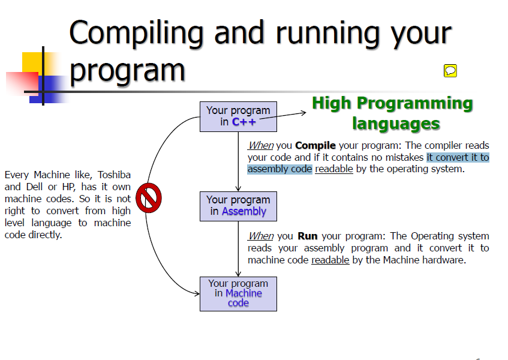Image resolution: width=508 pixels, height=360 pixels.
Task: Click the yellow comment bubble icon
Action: pyautogui.click(x=450, y=71)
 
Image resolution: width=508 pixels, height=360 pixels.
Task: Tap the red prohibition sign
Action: pyautogui.click(x=148, y=198)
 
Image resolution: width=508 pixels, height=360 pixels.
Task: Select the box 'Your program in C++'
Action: pyautogui.click(x=238, y=116)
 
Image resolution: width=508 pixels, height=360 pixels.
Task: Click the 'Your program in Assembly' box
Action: pyautogui.click(x=238, y=206)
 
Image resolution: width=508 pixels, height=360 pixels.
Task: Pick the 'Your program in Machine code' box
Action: pyautogui.click(x=238, y=294)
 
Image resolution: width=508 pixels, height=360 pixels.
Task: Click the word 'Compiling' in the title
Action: pyautogui.click(x=136, y=34)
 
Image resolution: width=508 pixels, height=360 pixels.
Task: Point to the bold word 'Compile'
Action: pyautogui.click(x=315, y=145)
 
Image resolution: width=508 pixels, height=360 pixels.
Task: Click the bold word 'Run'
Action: pyautogui.click(x=308, y=236)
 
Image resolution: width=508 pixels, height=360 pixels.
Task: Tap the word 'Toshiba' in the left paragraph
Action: pyautogui.click(x=114, y=175)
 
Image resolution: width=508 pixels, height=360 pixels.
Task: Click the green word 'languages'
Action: pyautogui.click(x=396, y=124)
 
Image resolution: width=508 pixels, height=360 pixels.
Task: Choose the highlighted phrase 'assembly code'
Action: pyautogui.click(x=279, y=169)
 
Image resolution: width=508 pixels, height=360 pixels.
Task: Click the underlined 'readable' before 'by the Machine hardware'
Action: pyautogui.click(x=330, y=260)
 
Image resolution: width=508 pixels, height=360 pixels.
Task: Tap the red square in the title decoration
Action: pyautogui.click(x=22, y=83)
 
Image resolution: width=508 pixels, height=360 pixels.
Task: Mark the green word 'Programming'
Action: pyautogui.click(x=415, y=104)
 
